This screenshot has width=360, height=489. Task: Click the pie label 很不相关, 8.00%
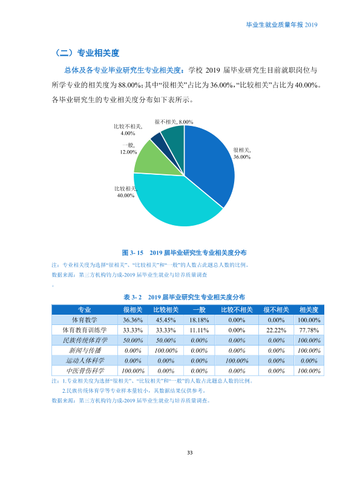click(174, 122)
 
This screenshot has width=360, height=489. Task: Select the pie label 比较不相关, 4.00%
click(128, 130)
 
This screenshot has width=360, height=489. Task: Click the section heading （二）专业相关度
click(86, 53)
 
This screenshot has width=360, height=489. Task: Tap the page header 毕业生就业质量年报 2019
click(282, 25)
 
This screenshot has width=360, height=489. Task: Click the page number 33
click(190, 453)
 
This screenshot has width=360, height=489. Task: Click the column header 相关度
click(309, 310)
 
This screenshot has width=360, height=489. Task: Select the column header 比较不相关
click(237, 310)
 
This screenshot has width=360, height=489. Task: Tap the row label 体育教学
click(85, 320)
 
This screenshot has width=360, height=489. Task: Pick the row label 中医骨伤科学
click(85, 371)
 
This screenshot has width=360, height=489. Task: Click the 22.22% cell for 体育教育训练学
click(276, 330)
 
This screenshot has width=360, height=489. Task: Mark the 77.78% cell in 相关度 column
click(309, 330)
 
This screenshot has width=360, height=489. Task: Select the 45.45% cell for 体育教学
click(166, 320)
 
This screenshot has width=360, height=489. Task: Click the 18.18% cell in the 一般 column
click(199, 320)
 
